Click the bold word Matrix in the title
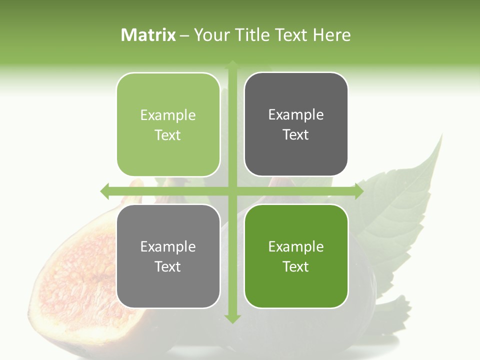tap(148, 35)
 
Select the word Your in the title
tap(210, 35)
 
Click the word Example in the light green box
tap(168, 115)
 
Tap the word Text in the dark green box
tap(296, 266)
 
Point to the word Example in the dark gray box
tap(296, 115)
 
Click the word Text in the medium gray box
tap(168, 266)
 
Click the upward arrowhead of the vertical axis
tap(232, 64)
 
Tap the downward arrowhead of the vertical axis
tap(232, 318)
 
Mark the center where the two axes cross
tap(232, 191)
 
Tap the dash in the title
tap(184, 35)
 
